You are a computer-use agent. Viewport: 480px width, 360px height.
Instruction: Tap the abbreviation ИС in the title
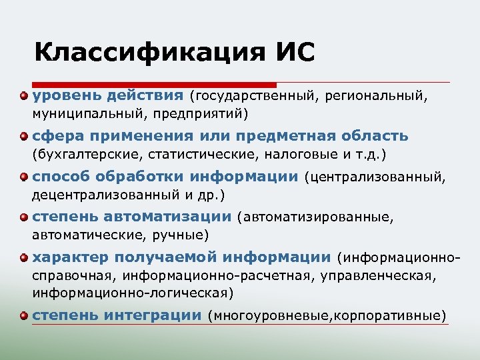point(291,52)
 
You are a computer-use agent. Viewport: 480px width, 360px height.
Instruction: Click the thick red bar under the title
point(153,85)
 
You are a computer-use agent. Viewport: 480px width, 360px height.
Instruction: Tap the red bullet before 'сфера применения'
point(24,137)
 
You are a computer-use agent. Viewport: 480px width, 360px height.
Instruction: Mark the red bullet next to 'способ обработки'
point(24,178)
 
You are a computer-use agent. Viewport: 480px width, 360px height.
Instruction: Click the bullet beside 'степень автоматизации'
point(24,218)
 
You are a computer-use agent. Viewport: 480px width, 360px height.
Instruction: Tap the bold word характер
point(69,258)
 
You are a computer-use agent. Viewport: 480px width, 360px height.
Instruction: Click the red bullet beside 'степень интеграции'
point(24,315)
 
